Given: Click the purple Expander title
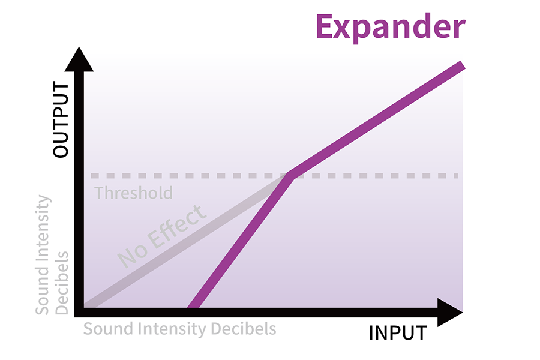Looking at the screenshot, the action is coord(391,27).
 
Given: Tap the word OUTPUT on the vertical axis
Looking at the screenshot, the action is coord(61,119).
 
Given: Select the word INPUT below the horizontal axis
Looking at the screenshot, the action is coord(398,333).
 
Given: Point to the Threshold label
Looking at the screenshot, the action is coord(134,193).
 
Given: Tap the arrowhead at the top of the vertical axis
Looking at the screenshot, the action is coord(79,59).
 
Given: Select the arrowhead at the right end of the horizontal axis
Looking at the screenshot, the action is coord(450,313).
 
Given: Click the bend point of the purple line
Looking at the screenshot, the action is coord(290,176).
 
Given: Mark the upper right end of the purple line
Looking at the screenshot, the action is coord(463,65).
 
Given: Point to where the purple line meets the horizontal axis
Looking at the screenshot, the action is coord(193,307).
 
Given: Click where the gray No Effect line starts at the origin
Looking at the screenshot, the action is coord(86,306).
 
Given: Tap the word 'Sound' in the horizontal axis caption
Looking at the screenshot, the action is coord(109,329).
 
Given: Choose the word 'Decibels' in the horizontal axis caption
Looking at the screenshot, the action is coord(244,329).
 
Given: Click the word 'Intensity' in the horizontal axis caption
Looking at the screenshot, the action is coord(172,329).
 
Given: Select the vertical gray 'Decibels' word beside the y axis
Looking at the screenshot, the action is coord(62,283).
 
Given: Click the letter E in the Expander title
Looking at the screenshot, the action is coord(324,26).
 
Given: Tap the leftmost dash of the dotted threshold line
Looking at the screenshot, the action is coord(95,176).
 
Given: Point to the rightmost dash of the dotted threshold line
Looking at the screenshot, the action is coord(456,176).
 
